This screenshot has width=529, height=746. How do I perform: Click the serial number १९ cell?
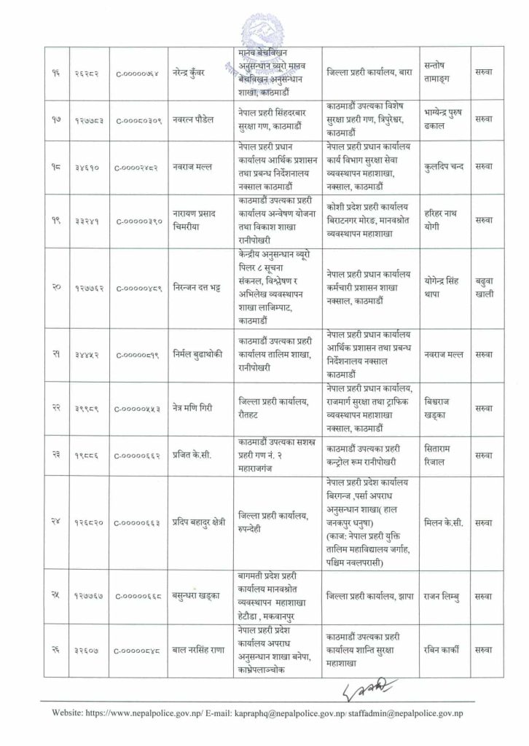point(55,221)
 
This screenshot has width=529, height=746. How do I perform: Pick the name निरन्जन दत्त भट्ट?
point(195,288)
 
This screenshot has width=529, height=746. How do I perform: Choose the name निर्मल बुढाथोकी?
point(197,354)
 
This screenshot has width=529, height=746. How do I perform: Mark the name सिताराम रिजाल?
point(442,455)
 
